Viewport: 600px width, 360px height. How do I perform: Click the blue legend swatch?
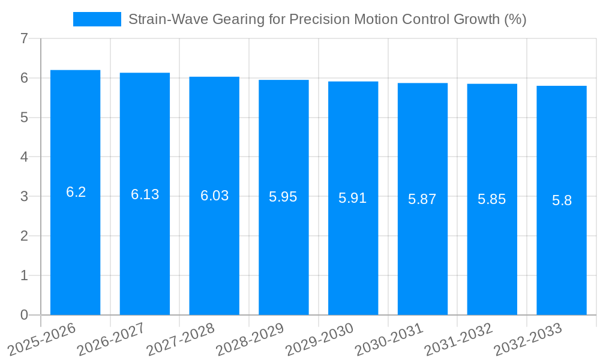point(97,19)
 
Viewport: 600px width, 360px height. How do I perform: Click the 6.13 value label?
point(145,194)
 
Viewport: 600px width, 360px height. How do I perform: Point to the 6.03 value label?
point(214,196)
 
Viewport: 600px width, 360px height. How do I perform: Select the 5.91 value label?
point(353,198)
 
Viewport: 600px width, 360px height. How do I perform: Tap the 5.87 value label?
point(422,199)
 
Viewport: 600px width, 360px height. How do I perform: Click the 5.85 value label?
point(492,199)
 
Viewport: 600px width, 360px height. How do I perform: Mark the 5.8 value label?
point(562,200)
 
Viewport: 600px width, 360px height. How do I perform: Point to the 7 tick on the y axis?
point(24,38)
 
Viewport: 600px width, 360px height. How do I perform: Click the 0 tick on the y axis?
point(24,315)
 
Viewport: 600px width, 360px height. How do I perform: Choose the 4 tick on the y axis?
point(24,157)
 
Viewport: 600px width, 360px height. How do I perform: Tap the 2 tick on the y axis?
point(24,236)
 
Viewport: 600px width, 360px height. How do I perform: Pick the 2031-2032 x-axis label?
point(458,340)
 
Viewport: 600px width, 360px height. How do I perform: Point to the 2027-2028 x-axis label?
point(180,340)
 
